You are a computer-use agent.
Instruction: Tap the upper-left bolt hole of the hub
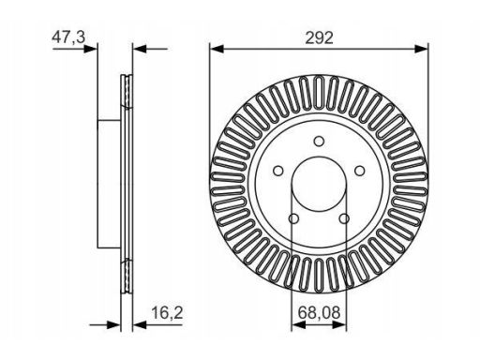coord(277,172)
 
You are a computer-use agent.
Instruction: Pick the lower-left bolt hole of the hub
coord(293,219)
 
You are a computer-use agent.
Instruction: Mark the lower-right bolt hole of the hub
coord(344,219)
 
